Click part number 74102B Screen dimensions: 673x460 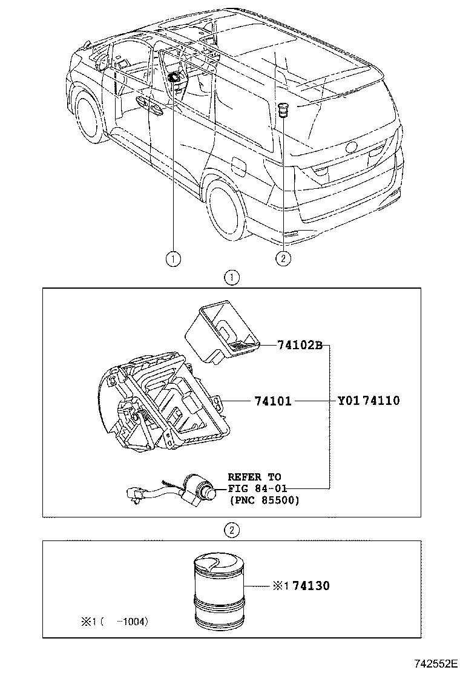click(x=300, y=346)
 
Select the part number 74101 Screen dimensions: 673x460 click(x=273, y=401)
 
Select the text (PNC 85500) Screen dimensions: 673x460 click(x=264, y=501)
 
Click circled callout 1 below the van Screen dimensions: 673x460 click(x=174, y=259)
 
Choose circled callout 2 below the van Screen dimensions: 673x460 click(x=283, y=259)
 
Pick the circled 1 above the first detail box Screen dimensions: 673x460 click(x=231, y=278)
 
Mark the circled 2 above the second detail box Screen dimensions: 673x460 click(x=231, y=531)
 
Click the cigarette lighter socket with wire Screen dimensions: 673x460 click(x=182, y=490)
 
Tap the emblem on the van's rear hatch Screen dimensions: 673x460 click(x=352, y=147)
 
